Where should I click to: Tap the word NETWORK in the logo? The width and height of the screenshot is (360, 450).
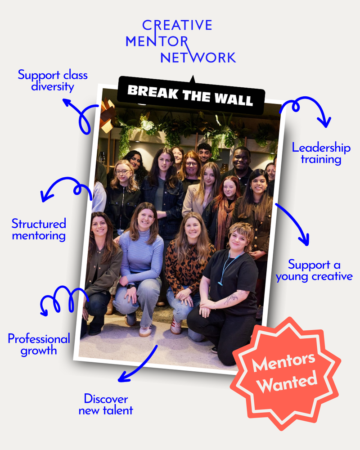(x=198, y=57)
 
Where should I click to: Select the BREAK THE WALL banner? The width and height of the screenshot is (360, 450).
(x=190, y=95)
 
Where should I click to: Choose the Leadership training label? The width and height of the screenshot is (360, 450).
(x=321, y=153)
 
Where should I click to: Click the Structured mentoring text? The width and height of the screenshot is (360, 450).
(x=39, y=229)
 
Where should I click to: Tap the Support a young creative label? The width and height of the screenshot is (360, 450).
(x=314, y=270)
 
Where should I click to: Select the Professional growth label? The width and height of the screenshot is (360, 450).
(x=39, y=344)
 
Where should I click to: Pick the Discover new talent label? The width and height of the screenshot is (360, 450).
(x=106, y=404)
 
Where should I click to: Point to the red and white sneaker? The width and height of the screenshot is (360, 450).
(x=176, y=326)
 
